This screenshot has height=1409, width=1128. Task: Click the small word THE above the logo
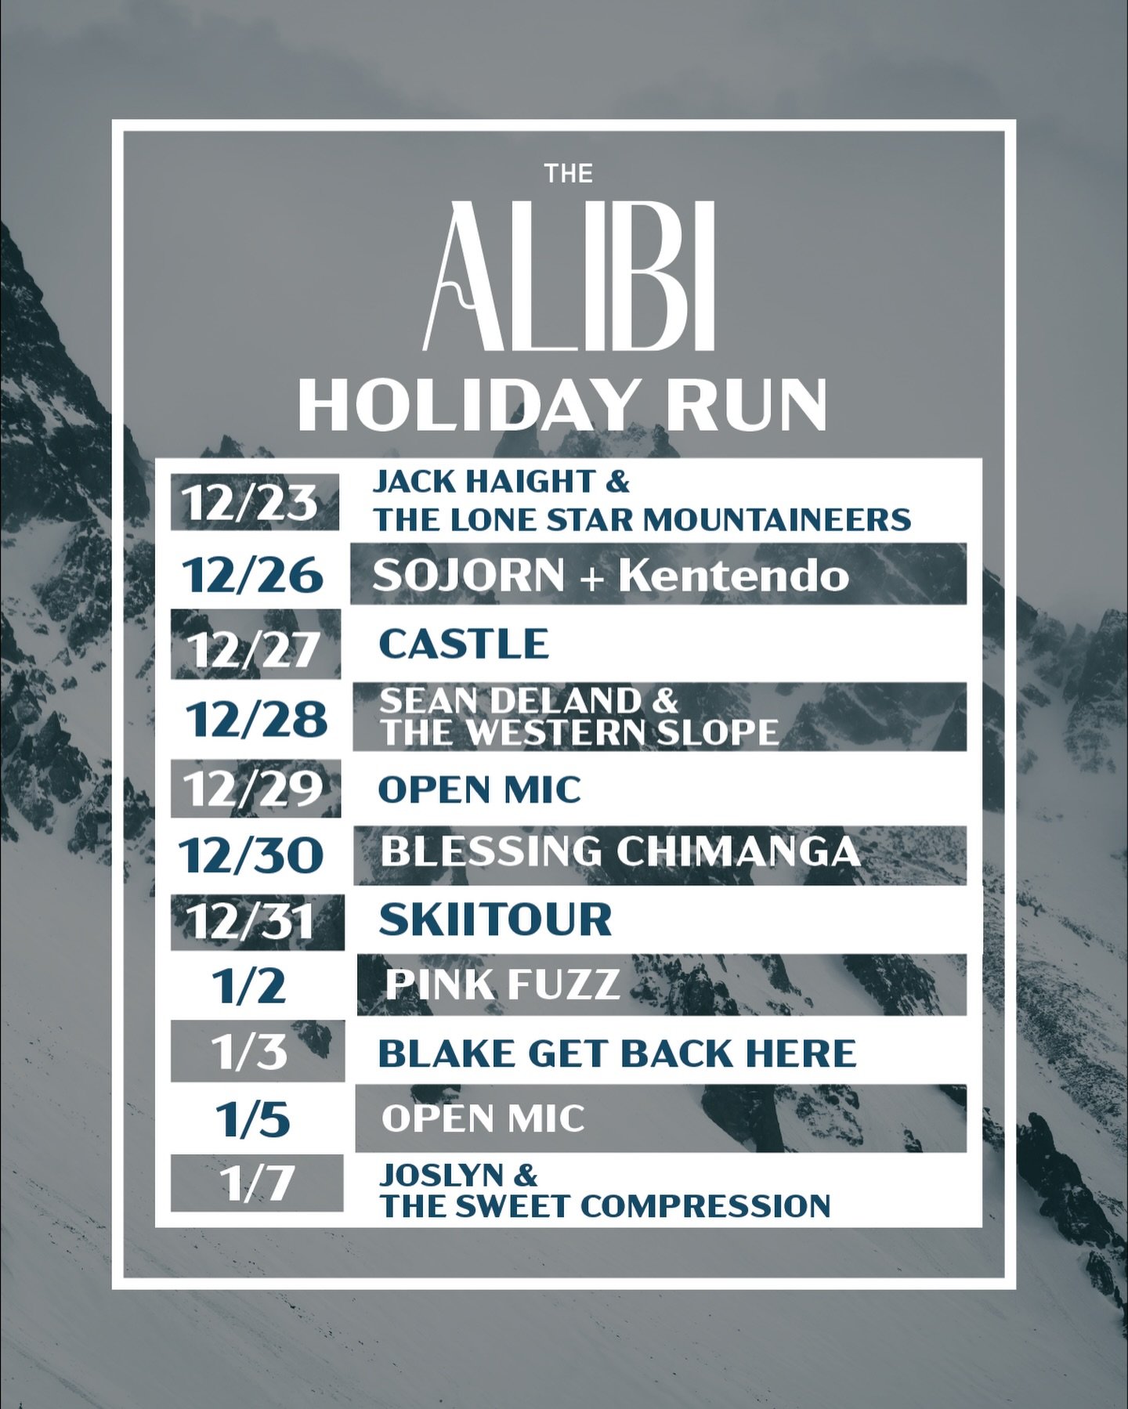pyautogui.click(x=569, y=173)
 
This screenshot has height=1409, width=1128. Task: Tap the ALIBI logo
pyautogui.click(x=569, y=276)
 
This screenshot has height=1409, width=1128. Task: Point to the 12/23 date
pyautogui.click(x=251, y=502)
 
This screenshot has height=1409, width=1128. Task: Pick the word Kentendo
pyautogui.click(x=733, y=576)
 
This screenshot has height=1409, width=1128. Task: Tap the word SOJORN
pyautogui.click(x=468, y=576)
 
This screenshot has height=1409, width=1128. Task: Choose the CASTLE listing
pyautogui.click(x=464, y=644)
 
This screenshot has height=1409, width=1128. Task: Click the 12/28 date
pyautogui.click(x=256, y=719)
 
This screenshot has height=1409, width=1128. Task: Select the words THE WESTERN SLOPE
pyautogui.click(x=580, y=732)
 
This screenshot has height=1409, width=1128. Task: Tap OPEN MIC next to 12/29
pyautogui.click(x=479, y=789)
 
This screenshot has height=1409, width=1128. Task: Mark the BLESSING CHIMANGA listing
pyautogui.click(x=620, y=852)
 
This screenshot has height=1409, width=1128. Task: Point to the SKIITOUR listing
pyautogui.click(x=495, y=919)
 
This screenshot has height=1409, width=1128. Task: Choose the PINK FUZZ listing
pyautogui.click(x=503, y=984)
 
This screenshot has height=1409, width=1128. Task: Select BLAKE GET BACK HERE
pyautogui.click(x=617, y=1053)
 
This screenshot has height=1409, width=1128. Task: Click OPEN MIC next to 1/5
pyautogui.click(x=483, y=1118)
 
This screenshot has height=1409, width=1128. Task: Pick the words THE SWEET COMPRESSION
pyautogui.click(x=605, y=1205)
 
